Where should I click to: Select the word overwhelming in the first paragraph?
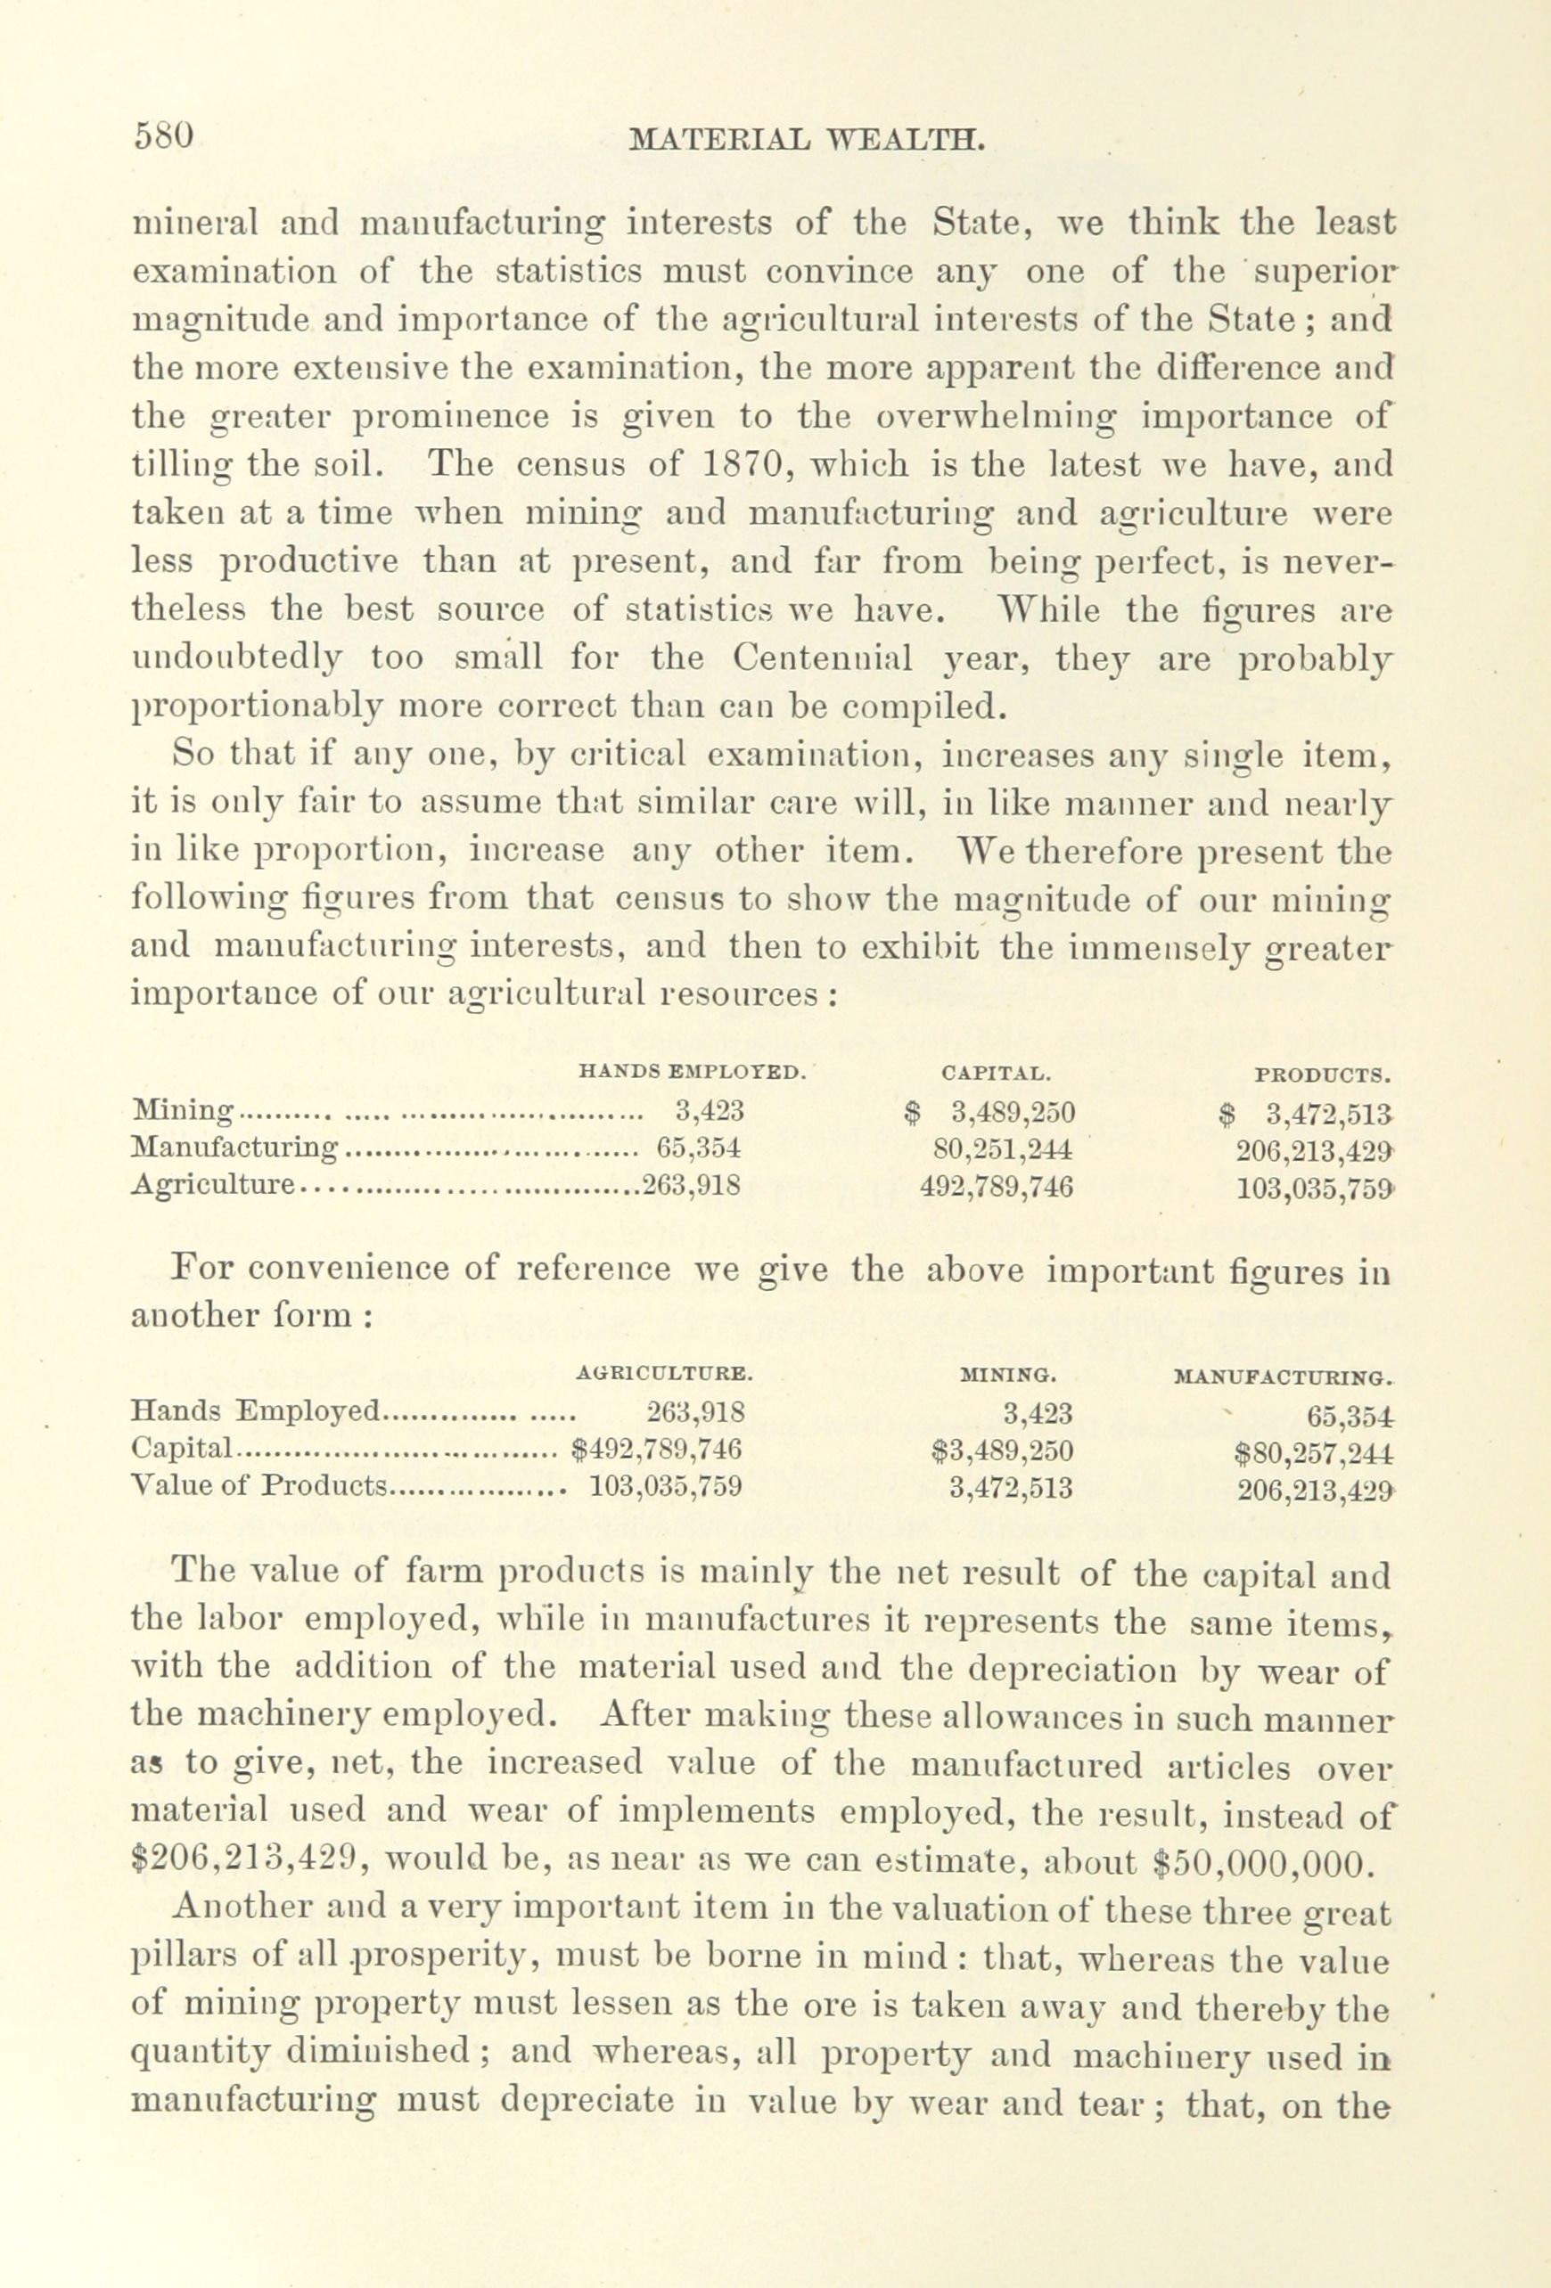996,415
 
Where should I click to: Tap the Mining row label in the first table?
182,1112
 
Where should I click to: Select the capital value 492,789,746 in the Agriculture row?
997,1187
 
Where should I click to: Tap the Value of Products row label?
258,1485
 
